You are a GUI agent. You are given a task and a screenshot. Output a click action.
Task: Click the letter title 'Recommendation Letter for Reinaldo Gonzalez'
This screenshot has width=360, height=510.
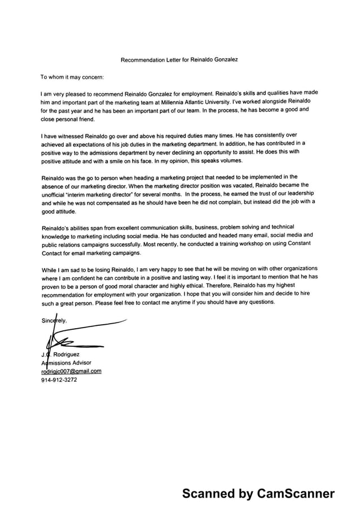pyautogui.click(x=183, y=59)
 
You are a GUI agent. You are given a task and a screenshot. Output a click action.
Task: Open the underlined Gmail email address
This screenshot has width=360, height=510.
pyautogui.click(x=71, y=371)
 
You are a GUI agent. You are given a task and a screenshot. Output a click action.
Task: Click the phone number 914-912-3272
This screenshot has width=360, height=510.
pyautogui.click(x=59, y=380)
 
